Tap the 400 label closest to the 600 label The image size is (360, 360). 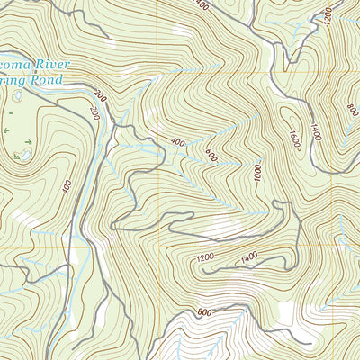[x=177, y=141]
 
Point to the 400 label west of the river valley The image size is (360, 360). [x=67, y=186]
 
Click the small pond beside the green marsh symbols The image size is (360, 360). [x=24, y=155]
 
